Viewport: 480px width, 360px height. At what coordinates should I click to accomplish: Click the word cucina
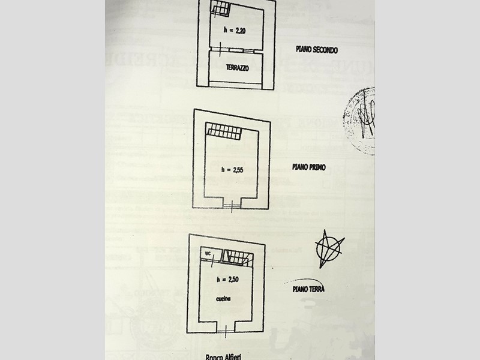click(225, 298)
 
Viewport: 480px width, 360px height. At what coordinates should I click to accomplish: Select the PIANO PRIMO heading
click(310, 167)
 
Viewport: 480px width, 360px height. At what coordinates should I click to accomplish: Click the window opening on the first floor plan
click(231, 206)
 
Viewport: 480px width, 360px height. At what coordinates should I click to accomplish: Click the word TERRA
click(317, 289)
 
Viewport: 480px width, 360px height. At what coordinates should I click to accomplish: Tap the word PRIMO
click(317, 167)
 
